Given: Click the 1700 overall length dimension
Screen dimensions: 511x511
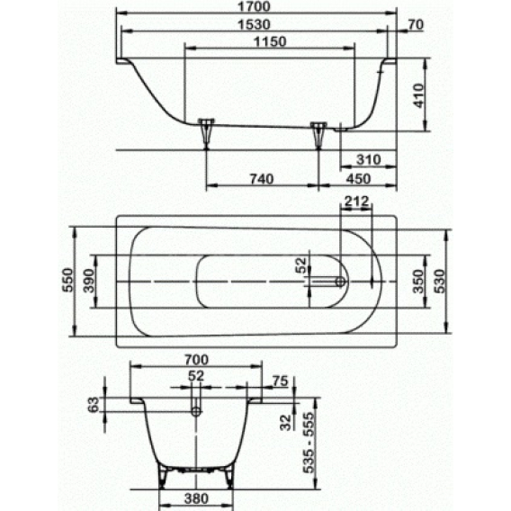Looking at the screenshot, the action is point(254,6).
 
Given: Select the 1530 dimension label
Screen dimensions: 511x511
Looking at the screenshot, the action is point(254,24).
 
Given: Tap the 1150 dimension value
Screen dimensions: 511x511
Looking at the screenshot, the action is point(270,41).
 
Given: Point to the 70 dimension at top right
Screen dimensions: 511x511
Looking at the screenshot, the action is point(416,24).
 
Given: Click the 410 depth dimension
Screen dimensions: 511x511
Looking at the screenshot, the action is point(418,95).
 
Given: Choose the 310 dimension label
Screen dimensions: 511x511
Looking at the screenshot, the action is point(368,160).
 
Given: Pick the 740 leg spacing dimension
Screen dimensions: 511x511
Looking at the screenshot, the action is point(262,179).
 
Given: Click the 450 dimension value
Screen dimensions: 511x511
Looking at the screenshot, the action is point(358,179).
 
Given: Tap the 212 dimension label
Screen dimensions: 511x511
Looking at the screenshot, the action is point(356,202).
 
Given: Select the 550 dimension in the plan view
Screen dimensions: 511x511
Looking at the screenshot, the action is point(68,280).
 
